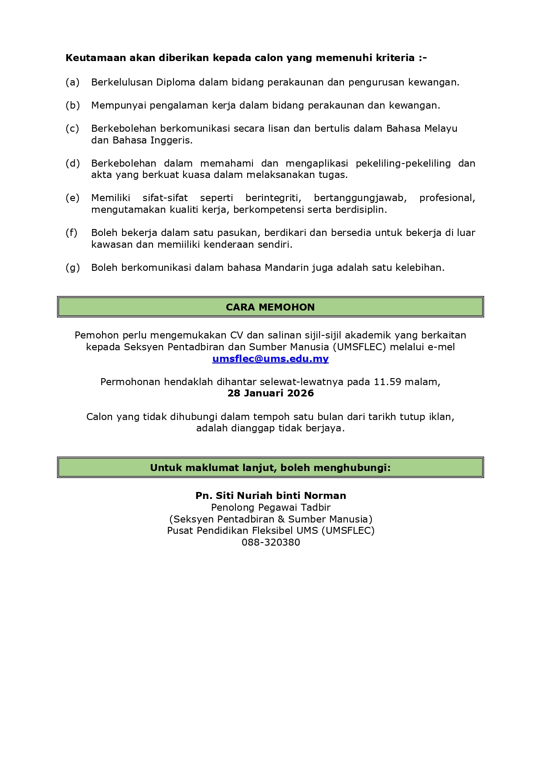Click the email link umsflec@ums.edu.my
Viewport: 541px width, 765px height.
pos(270,359)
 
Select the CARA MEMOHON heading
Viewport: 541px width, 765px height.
pos(270,307)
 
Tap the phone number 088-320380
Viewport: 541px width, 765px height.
pos(271,542)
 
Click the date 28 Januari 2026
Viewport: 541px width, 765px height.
pos(270,393)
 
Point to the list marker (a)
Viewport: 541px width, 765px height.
pos(72,82)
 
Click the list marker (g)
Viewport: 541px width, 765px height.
pos(72,267)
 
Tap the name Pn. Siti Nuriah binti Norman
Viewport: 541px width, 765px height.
pos(270,495)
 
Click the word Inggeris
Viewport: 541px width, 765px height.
pos(171,140)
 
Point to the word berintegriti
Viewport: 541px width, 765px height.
pos(273,198)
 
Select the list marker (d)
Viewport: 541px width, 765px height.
pos(72,163)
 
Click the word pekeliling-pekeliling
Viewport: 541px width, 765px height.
pos(403,163)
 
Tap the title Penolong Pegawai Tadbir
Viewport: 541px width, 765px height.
pos(271,507)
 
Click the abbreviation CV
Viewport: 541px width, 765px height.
pos(236,335)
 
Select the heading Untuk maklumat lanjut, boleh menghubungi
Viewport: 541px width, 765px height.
pos(270,468)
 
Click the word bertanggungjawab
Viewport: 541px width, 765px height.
pos(360,198)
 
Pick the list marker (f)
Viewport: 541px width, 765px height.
pos(71,232)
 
